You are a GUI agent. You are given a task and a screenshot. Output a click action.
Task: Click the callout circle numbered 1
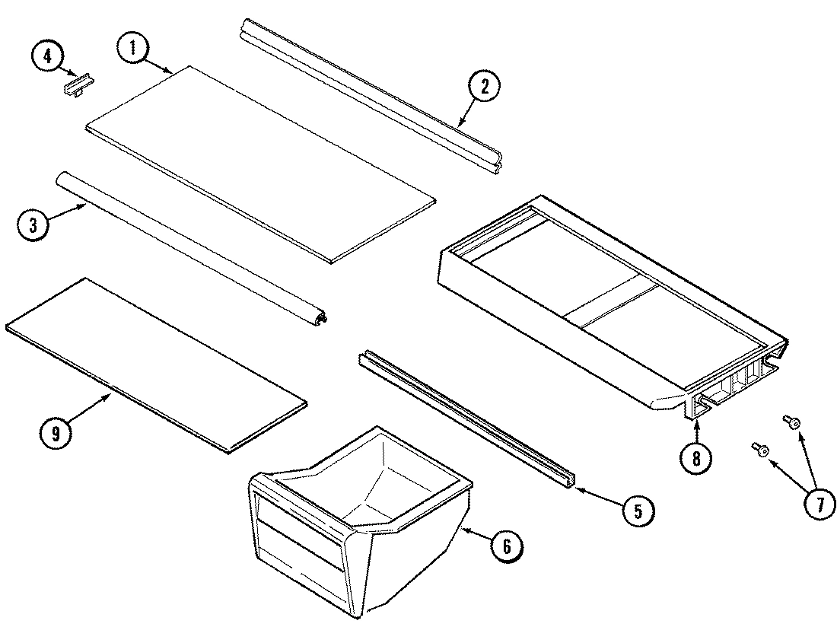click(x=133, y=49)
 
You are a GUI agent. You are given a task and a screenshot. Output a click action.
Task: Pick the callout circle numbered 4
click(x=48, y=57)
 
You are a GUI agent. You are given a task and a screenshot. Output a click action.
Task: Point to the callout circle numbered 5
click(x=637, y=511)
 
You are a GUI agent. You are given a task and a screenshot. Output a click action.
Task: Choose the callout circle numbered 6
click(x=507, y=545)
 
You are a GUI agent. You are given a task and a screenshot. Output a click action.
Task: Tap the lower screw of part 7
click(x=759, y=450)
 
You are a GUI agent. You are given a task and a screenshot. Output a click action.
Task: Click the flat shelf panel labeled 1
click(x=259, y=164)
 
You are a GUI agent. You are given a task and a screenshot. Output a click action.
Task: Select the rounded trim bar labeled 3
click(x=190, y=251)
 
